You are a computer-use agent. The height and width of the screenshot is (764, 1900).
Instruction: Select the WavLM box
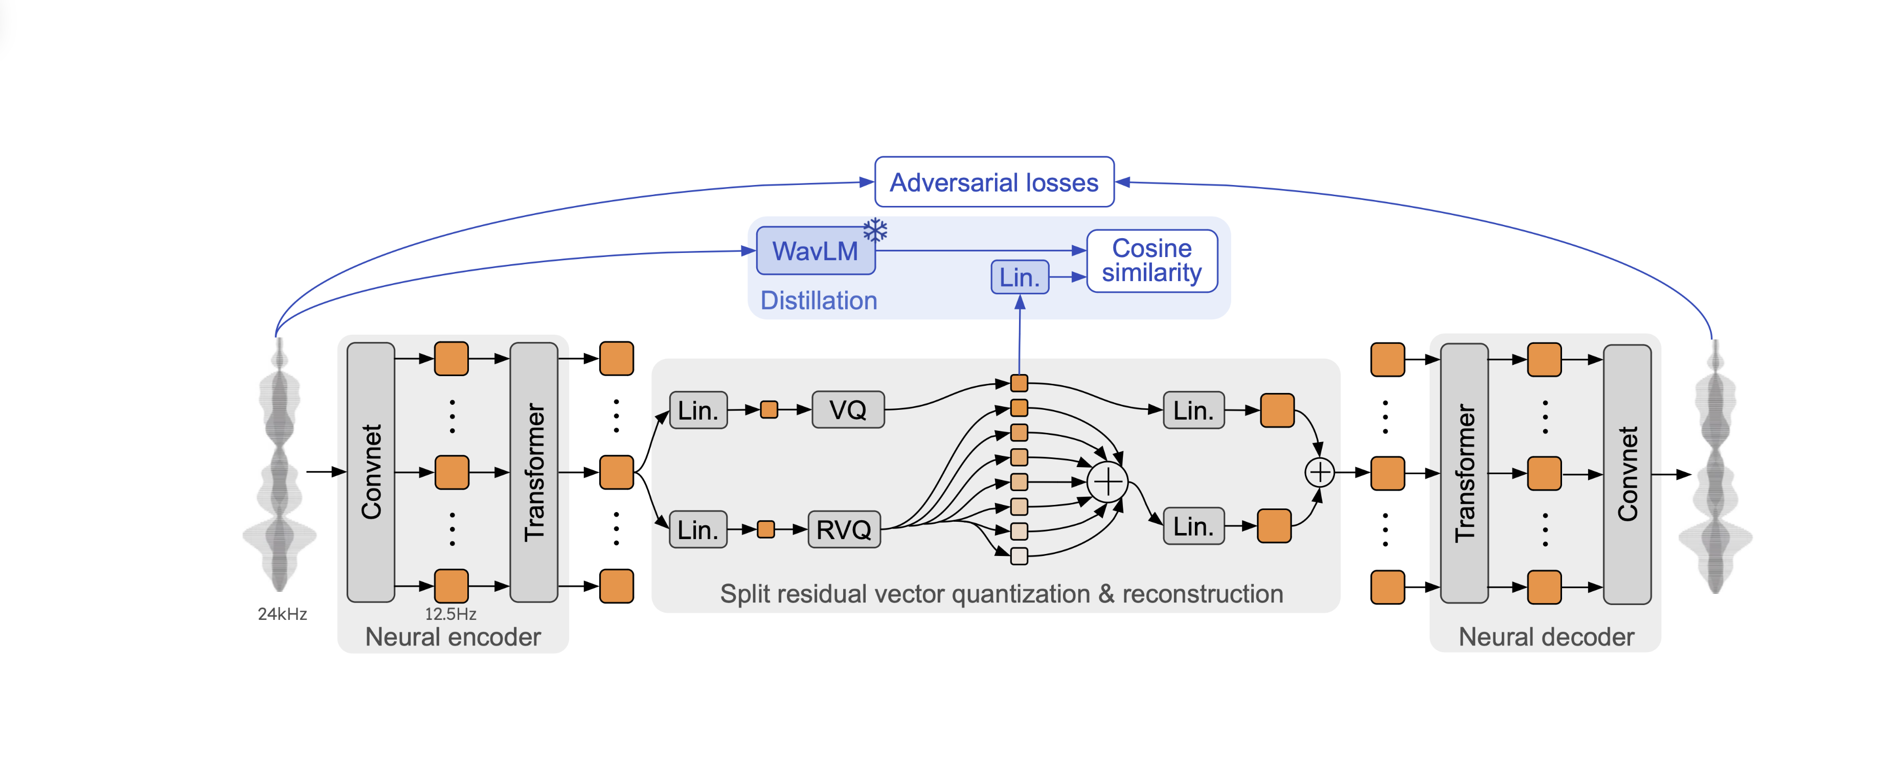[815, 251]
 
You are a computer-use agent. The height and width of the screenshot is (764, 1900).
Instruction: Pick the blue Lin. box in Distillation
[1020, 277]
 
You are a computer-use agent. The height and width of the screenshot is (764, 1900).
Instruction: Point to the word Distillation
[819, 301]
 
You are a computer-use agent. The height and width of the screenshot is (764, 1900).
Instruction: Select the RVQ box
[844, 529]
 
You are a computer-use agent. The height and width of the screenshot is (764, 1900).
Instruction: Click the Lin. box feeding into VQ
[698, 410]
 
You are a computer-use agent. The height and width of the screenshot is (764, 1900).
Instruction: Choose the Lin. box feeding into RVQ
[698, 529]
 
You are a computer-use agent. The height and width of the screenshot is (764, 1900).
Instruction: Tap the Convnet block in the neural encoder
[371, 472]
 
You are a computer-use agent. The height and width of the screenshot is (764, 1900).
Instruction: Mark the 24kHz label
[282, 614]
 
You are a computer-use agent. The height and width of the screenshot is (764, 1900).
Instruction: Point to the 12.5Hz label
[450, 614]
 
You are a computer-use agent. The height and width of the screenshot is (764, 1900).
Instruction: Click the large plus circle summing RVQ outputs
[1107, 482]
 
